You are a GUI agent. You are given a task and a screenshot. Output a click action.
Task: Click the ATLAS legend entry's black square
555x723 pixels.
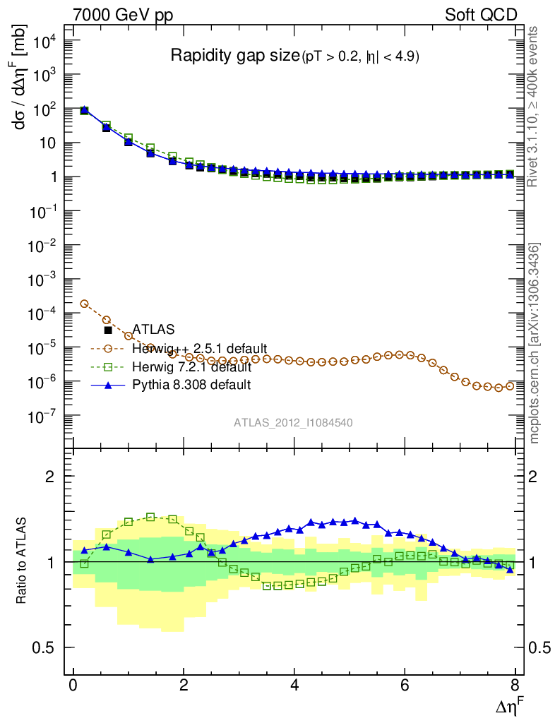click(108, 330)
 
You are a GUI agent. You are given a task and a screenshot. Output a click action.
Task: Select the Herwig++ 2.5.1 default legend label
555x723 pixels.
click(199, 349)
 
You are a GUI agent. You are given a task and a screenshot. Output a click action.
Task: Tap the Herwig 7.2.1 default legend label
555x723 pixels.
click(191, 367)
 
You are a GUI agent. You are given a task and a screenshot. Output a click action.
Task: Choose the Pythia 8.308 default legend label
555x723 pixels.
click(192, 386)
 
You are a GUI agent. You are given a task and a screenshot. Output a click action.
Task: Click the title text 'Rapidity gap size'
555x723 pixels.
click(236, 56)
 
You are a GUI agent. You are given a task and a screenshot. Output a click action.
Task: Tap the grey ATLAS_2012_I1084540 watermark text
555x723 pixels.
click(293, 423)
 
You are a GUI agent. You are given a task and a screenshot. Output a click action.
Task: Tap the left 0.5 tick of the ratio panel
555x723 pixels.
click(46, 648)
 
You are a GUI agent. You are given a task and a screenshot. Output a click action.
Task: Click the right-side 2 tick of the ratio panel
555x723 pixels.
click(542, 477)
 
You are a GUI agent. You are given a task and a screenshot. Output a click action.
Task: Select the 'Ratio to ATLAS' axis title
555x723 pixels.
click(22, 561)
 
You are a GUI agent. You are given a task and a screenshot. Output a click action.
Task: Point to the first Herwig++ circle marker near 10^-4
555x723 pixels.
click(85, 304)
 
